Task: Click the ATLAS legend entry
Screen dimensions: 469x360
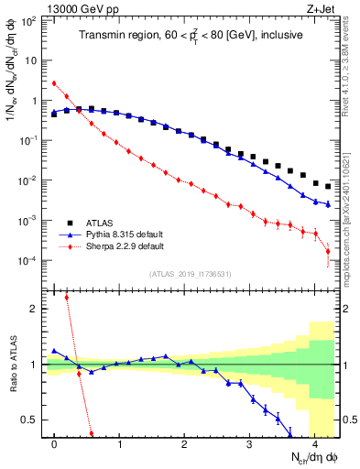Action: (101, 223)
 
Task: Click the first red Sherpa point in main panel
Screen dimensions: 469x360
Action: (55, 83)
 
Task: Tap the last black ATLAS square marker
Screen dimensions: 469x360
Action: (328, 186)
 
